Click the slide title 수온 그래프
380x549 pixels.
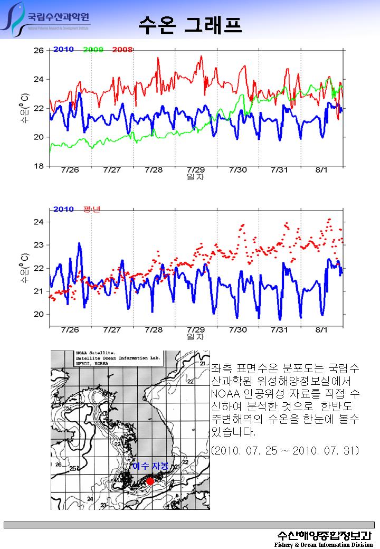click(190, 24)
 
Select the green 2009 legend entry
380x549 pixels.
click(93, 50)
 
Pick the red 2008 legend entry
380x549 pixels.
click(122, 50)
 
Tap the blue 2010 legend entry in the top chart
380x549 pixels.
click(63, 50)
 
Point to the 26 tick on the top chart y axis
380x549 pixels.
click(39, 51)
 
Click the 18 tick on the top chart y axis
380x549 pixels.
click(39, 166)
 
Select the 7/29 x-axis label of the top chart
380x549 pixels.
click(195, 170)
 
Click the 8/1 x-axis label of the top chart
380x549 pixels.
click(321, 170)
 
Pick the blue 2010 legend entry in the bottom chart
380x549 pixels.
click(63, 210)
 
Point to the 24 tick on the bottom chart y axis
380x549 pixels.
click(39, 222)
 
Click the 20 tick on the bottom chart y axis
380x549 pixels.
click(39, 314)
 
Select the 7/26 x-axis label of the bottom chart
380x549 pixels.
click(70, 330)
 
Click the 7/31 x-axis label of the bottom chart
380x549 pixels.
click(280, 330)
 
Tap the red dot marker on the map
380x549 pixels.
click(150, 481)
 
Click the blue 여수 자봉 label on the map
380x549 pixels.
click(150, 467)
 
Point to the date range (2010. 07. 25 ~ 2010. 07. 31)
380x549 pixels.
click(284, 451)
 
